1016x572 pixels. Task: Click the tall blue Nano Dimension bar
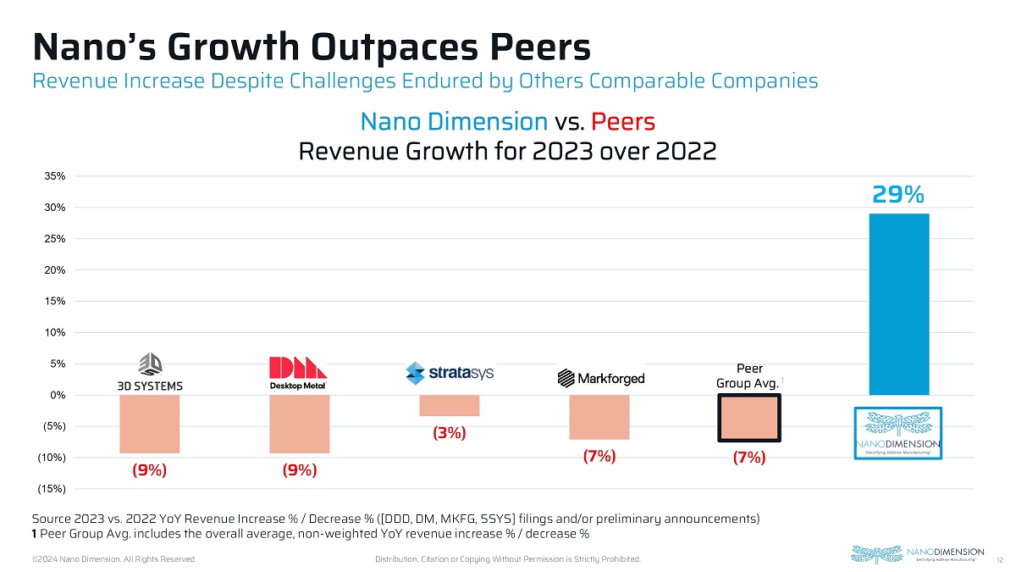coord(899,304)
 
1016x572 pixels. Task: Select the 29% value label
coord(898,196)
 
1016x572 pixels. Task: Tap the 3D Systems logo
coord(150,374)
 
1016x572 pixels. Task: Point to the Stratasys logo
coord(450,373)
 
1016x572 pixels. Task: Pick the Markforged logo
coord(600,378)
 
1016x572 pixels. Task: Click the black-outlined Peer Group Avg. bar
coord(749,418)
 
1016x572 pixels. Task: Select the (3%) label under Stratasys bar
coord(450,433)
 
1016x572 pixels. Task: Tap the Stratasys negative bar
coord(450,405)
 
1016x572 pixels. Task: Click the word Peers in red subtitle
coord(623,121)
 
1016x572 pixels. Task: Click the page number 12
coord(1000,560)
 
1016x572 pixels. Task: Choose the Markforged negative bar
coord(599,417)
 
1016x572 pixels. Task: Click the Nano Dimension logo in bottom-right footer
coord(917,554)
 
